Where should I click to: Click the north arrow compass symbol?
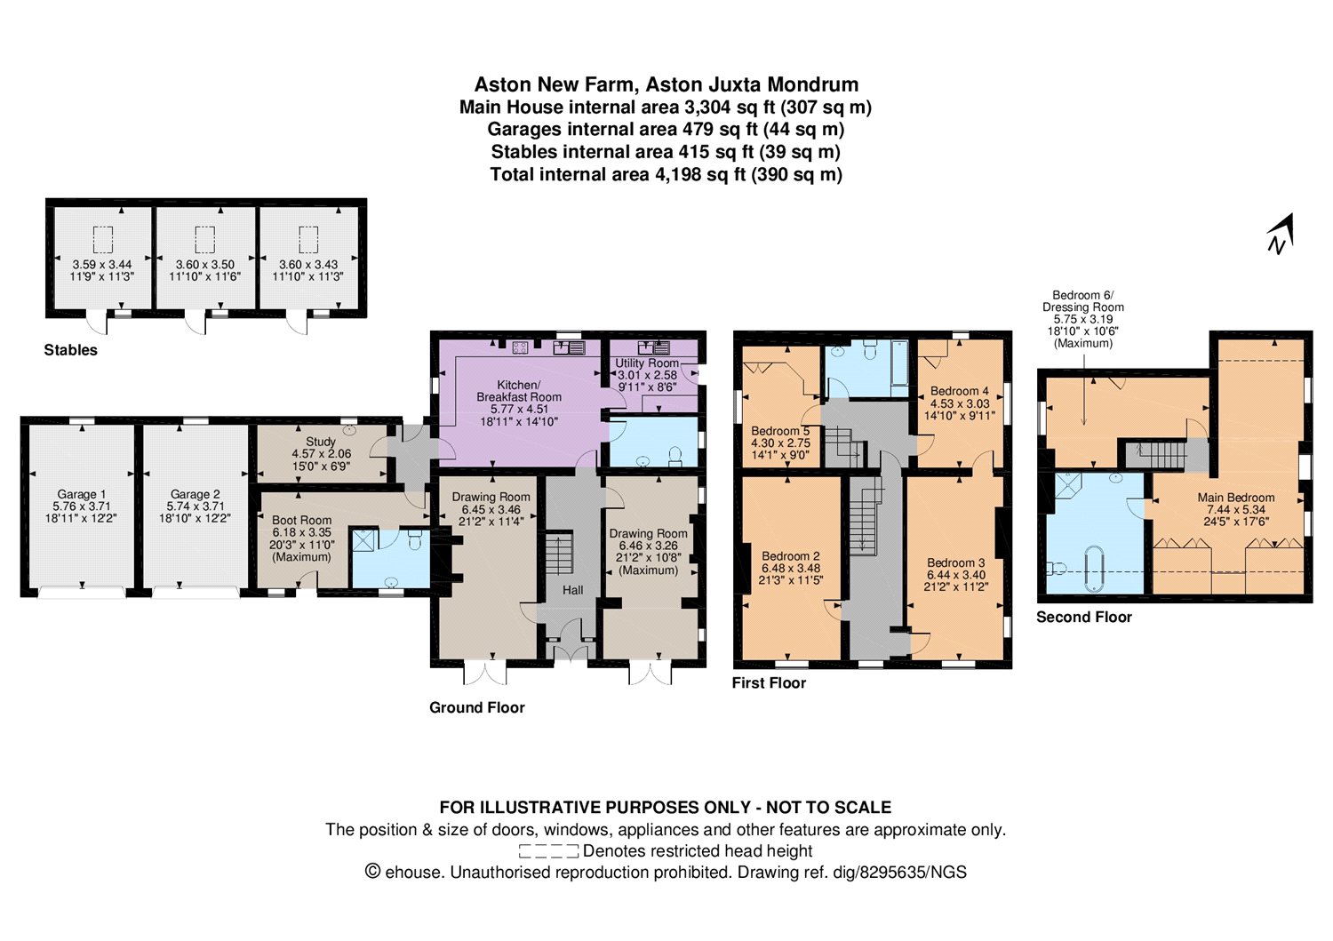click(x=1280, y=235)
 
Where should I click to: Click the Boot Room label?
click(x=302, y=520)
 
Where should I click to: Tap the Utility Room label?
click(x=647, y=363)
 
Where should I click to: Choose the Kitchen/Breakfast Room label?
click(x=519, y=390)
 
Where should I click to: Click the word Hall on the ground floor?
click(x=573, y=590)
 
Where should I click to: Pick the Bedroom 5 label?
click(x=780, y=431)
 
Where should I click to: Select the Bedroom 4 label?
click(x=959, y=391)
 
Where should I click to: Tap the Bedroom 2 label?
click(x=791, y=556)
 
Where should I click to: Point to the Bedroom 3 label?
click(x=955, y=562)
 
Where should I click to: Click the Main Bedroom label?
click(x=1236, y=498)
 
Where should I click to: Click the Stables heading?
click(x=70, y=350)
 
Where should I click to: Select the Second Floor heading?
click(x=1083, y=618)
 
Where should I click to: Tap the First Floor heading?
click(x=769, y=682)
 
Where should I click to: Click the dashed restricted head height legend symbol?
click(x=548, y=852)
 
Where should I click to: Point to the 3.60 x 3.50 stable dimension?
click(x=204, y=264)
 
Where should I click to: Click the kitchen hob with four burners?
click(x=520, y=347)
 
